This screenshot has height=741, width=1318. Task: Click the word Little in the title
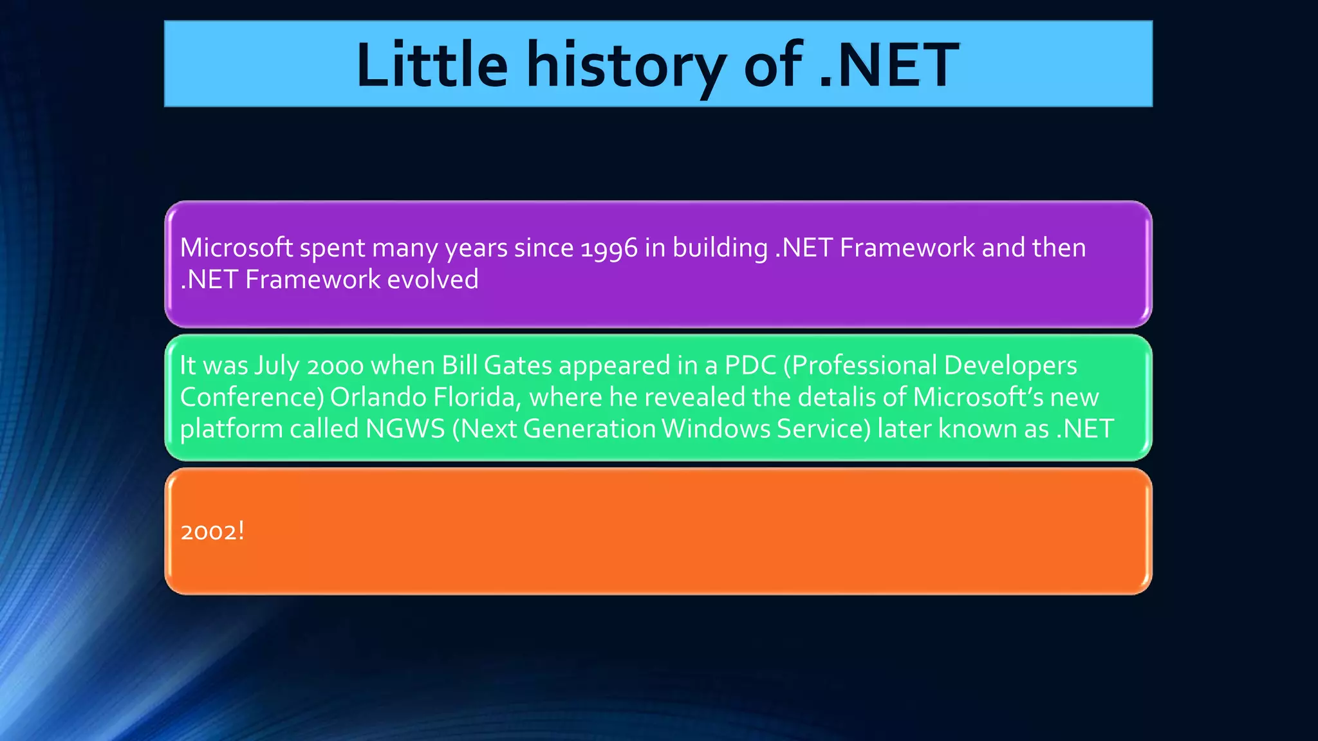coord(432,65)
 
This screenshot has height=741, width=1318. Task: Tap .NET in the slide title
coord(889,65)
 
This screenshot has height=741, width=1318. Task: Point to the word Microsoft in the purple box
coord(236,248)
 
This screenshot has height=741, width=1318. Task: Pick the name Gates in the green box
coord(517,365)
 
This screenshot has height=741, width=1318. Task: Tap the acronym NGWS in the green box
coord(405,429)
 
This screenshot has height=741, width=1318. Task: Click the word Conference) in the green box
coord(252,398)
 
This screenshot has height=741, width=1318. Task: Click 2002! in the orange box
coord(212,532)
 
